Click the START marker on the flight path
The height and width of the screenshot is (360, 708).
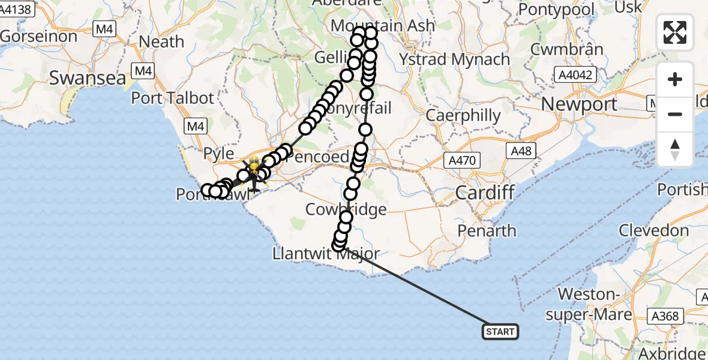(x=500, y=331)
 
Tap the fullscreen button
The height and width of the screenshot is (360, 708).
(x=675, y=32)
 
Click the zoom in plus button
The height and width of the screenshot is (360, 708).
(x=675, y=79)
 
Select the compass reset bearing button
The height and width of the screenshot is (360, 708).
(x=675, y=149)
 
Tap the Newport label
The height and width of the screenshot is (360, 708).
(x=579, y=104)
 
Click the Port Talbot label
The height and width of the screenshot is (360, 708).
(x=172, y=98)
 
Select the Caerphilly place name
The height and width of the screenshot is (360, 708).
(x=463, y=116)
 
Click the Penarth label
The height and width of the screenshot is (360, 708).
(x=487, y=231)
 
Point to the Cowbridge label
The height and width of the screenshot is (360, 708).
(x=346, y=209)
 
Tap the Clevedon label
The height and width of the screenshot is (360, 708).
(x=653, y=230)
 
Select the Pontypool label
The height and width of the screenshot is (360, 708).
(x=556, y=10)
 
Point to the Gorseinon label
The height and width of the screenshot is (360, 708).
(x=39, y=37)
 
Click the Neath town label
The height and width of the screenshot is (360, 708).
(x=161, y=42)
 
